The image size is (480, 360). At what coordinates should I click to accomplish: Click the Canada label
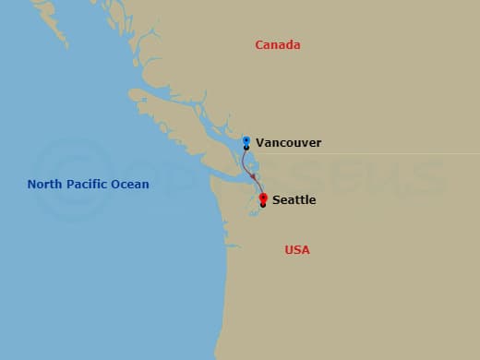[x=278, y=45]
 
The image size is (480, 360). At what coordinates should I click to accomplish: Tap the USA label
[x=296, y=250]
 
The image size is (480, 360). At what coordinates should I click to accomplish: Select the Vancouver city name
[x=289, y=143]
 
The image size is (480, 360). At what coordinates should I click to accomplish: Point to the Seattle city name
[x=294, y=199]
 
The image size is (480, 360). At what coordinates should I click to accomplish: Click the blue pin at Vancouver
[x=246, y=140]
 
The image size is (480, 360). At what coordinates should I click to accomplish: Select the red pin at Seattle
[x=263, y=198]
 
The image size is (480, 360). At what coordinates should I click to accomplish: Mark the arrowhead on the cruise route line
[x=254, y=178]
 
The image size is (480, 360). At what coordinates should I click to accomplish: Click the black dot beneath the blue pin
[x=246, y=148]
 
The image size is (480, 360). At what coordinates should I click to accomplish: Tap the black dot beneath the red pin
[x=263, y=205]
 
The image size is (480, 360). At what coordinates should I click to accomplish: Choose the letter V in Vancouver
[x=260, y=143]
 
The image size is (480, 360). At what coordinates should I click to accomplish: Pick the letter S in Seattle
[x=276, y=199]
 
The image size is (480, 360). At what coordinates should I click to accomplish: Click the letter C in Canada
[x=258, y=45]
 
